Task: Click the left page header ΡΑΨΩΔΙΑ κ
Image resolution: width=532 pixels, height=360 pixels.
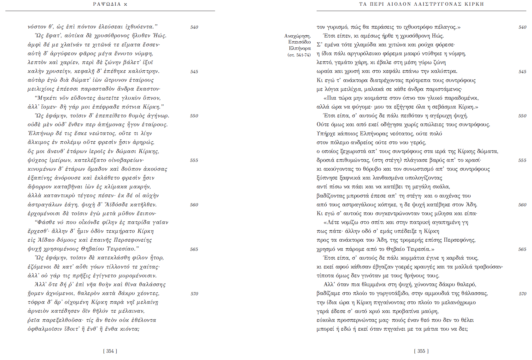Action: [110, 4]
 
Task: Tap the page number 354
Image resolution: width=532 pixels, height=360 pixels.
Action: [110, 351]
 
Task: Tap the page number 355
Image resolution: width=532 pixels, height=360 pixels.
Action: [421, 351]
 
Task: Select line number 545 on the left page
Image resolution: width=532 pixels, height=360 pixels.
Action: [194, 72]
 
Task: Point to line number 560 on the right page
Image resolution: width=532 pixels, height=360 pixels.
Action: [522, 205]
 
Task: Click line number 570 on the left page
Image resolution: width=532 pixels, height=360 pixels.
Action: [194, 294]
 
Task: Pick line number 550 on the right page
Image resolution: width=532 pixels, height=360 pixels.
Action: [522, 116]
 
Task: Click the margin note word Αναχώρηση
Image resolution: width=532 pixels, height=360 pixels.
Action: [297, 36]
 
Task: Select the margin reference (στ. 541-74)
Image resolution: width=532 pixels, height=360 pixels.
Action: [299, 55]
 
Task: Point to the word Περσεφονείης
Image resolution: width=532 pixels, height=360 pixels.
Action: [133, 240]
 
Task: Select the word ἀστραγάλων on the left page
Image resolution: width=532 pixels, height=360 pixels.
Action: [43, 205]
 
